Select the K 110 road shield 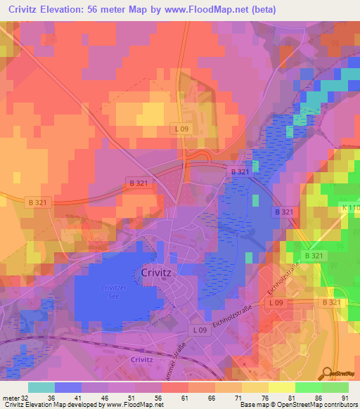(350, 209)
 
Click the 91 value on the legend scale (344, 397)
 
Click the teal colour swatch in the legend (41, 387)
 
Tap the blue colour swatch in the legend (68, 387)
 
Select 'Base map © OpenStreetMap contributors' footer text (297, 405)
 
